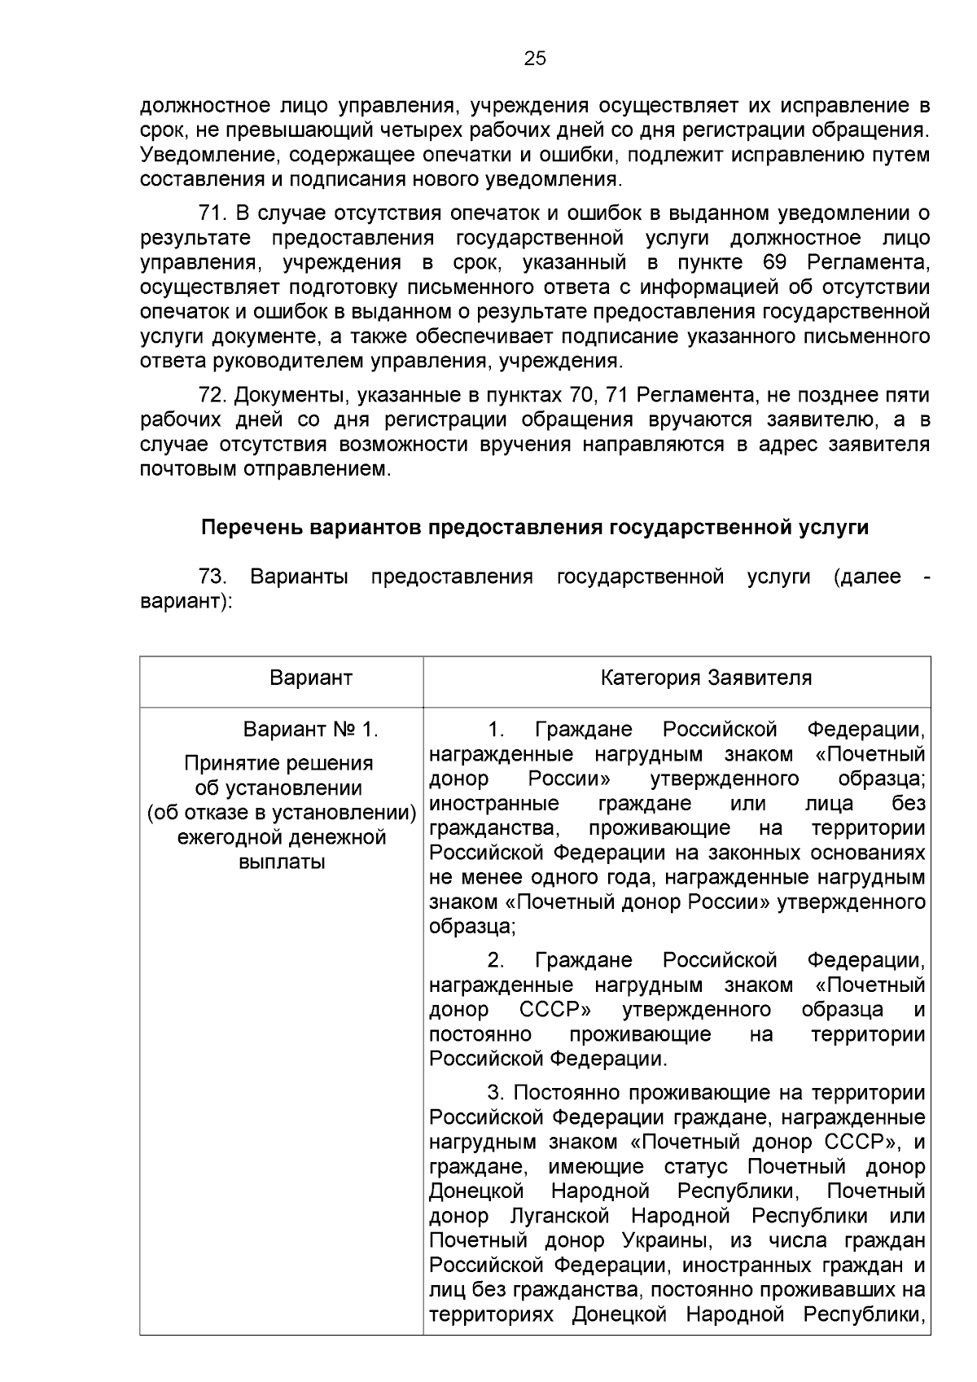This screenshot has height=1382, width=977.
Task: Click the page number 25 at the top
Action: [x=535, y=59]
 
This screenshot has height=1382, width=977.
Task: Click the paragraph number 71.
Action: [x=211, y=213]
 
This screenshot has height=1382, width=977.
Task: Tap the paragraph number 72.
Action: [x=211, y=396]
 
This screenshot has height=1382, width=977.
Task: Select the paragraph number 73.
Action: [x=212, y=577]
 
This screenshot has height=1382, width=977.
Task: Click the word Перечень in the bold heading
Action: [x=252, y=528]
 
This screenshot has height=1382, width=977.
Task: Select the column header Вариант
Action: [x=311, y=678]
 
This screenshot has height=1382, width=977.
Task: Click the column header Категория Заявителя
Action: [x=706, y=678]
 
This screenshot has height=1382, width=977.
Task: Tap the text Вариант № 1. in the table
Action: [x=311, y=729]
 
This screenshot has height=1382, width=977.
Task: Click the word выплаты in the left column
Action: [x=282, y=862]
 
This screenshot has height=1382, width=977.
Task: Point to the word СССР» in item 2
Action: [x=555, y=1011]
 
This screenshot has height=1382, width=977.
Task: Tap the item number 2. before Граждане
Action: [x=497, y=961]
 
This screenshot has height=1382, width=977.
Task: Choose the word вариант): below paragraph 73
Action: [x=186, y=602]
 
